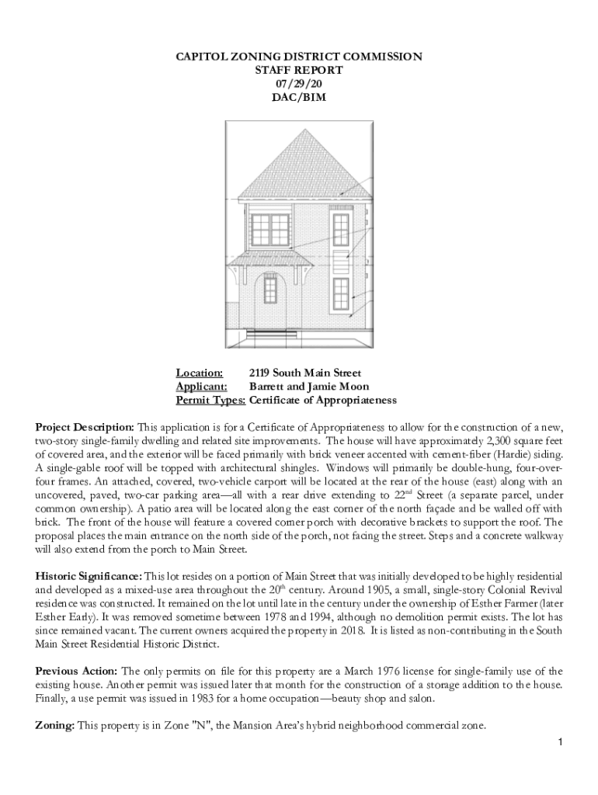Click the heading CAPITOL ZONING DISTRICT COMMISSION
[298, 57]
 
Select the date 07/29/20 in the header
[298, 84]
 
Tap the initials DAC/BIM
[298, 97]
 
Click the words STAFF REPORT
[298, 70]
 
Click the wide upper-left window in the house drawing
[269, 230]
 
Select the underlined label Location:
[200, 373]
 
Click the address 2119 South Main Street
[305, 373]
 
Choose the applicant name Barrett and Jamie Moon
[309, 387]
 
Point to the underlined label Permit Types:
[210, 400]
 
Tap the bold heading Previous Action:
[77, 670]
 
